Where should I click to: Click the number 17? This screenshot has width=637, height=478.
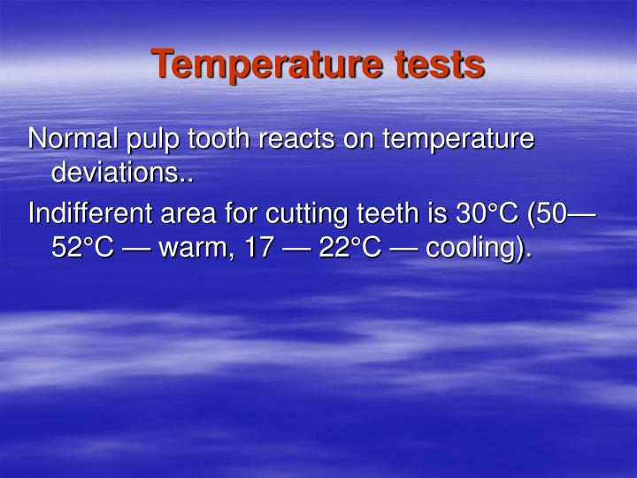(x=259, y=247)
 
